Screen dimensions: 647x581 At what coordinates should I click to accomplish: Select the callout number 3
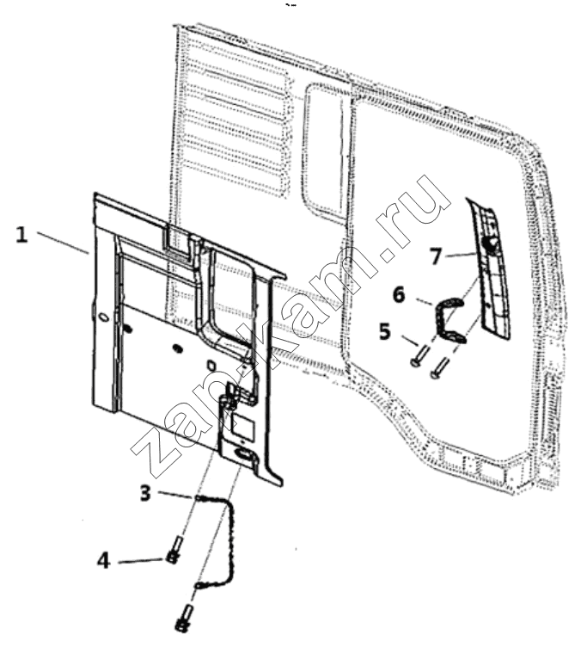click(147, 493)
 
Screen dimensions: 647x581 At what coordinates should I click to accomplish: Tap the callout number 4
click(103, 561)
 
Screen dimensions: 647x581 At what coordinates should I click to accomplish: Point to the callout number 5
click(384, 330)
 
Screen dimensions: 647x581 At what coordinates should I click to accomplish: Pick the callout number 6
click(399, 293)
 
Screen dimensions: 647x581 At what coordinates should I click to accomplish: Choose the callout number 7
click(436, 255)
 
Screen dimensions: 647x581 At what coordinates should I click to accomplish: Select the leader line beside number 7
click(460, 255)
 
